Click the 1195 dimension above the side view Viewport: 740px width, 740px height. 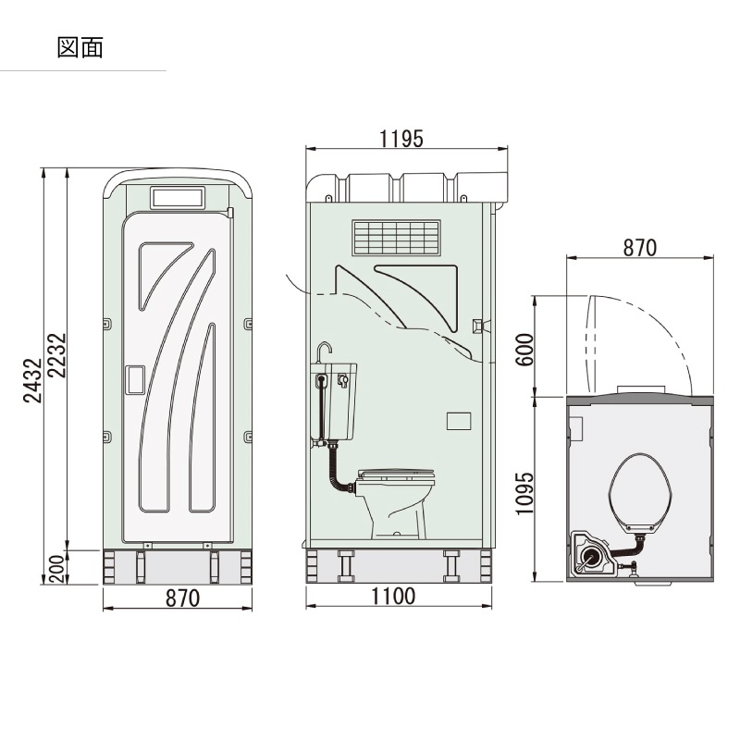401,139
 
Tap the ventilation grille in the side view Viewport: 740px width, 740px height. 395,237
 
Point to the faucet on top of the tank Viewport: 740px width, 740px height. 322,352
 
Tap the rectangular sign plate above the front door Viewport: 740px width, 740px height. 177,198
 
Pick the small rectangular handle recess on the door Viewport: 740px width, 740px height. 135,381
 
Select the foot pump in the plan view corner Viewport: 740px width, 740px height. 590,555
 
